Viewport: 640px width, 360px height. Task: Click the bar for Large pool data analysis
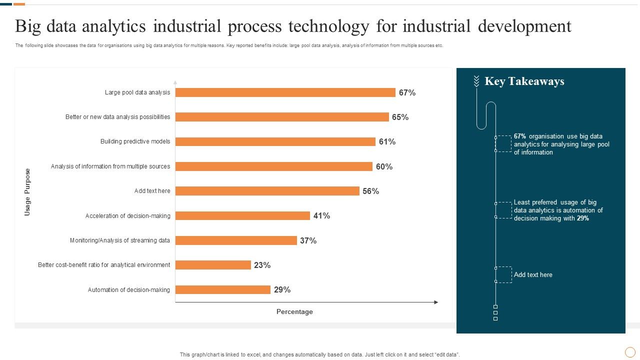click(x=285, y=92)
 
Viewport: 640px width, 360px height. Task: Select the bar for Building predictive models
click(x=275, y=141)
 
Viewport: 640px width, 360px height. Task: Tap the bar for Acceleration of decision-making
click(x=242, y=215)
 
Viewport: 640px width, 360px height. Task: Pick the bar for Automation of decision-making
click(x=222, y=289)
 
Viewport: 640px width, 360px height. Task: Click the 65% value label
click(x=400, y=117)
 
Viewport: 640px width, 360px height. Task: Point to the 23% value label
click(x=262, y=265)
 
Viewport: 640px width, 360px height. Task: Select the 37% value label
click(x=308, y=240)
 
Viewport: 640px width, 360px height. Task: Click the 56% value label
click(x=370, y=191)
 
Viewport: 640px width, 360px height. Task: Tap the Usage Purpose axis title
click(x=27, y=192)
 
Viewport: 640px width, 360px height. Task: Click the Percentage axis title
click(x=294, y=312)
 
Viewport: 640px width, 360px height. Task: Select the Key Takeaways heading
click(x=524, y=81)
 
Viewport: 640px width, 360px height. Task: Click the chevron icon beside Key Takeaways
click(x=476, y=81)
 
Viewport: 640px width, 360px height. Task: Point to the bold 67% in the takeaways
click(x=520, y=136)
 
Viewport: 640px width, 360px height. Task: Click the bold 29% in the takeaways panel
click(x=582, y=218)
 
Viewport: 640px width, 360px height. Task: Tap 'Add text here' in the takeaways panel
click(x=533, y=274)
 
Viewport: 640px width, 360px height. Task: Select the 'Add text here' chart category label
click(x=152, y=191)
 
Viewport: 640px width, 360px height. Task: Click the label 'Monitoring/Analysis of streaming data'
click(x=120, y=240)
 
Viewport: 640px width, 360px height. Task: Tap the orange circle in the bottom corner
click(x=630, y=352)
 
